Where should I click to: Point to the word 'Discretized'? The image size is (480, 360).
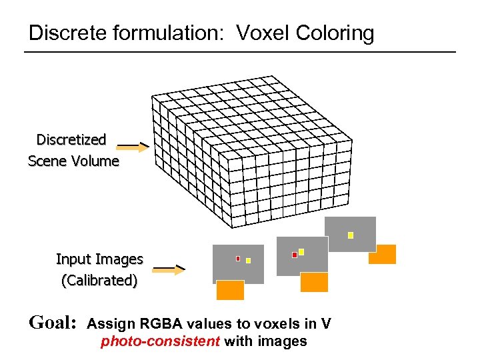point(71,139)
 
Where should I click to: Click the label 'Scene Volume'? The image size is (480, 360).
point(73,161)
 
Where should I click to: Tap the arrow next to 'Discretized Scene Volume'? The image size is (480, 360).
point(135,146)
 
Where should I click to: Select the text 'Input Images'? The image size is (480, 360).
point(99,259)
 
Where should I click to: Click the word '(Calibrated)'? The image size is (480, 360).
point(99,281)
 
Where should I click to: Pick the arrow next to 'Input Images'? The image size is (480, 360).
point(169,269)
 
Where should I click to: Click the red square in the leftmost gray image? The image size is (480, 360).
point(238,259)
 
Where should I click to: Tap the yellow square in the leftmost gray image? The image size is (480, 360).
point(248,261)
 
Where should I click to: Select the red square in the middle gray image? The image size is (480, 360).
point(295,255)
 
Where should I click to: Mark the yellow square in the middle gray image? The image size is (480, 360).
point(301,251)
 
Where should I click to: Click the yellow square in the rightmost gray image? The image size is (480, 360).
point(351,235)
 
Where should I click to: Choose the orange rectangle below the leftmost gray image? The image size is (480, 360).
point(230,290)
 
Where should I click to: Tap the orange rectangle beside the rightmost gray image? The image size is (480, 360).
point(382,254)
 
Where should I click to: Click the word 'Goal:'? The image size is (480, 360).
point(53,323)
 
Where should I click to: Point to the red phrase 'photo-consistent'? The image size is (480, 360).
point(160,342)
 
